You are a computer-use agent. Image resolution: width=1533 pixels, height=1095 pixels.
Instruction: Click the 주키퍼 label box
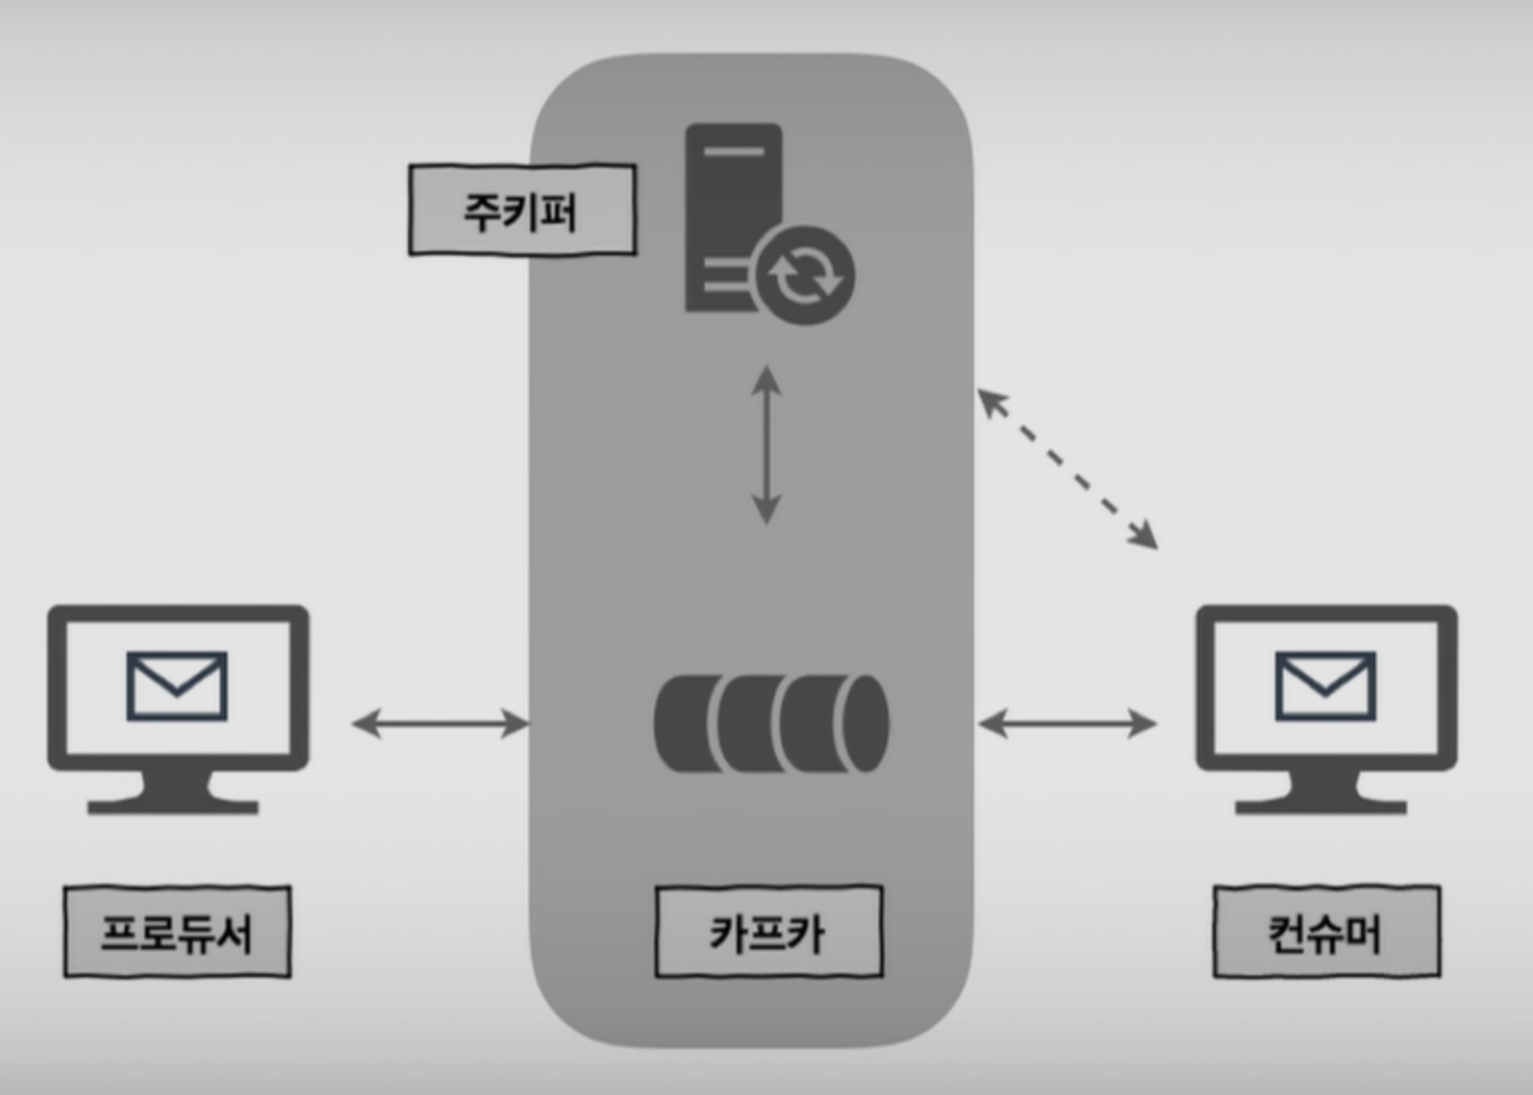[523, 209]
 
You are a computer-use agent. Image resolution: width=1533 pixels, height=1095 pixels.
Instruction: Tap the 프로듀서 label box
[178, 931]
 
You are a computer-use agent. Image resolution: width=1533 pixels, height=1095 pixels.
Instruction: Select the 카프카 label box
[769, 931]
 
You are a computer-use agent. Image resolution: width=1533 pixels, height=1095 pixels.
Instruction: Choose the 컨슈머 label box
[1327, 931]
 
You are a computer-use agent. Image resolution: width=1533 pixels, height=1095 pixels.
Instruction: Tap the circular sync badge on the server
[806, 275]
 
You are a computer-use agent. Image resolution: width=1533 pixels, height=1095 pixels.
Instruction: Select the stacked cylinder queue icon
[771, 723]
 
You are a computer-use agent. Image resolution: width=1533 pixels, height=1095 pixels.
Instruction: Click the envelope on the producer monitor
[178, 686]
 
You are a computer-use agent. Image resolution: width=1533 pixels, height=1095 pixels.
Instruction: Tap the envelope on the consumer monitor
[1326, 686]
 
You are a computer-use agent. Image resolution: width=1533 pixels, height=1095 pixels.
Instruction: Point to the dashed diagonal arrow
[1067, 469]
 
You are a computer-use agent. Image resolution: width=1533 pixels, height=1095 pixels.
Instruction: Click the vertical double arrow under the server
[766, 445]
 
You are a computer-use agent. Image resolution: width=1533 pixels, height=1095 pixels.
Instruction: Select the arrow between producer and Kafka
[441, 723]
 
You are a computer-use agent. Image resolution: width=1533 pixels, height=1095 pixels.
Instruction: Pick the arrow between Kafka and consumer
[1067, 723]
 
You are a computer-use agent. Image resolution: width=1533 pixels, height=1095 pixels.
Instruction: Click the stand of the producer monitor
[174, 793]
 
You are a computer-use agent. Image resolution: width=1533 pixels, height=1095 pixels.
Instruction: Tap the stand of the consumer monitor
[1322, 793]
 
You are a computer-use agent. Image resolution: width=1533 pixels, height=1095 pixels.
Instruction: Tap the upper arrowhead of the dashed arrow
[991, 401]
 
